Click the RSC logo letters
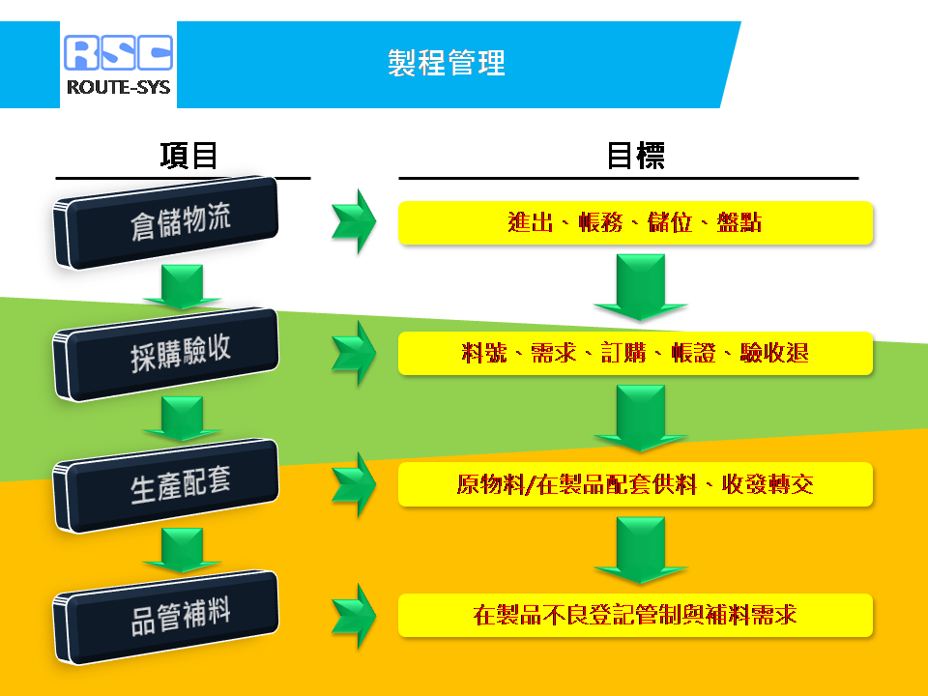tap(118, 52)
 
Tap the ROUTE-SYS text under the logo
tap(118, 87)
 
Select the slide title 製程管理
tap(447, 63)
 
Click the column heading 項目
tap(188, 156)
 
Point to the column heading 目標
tap(636, 156)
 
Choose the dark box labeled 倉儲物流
tap(165, 222)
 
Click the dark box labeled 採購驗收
tap(165, 355)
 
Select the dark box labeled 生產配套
tap(165, 486)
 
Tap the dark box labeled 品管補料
tap(165, 618)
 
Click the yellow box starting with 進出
tap(636, 223)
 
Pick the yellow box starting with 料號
tap(636, 354)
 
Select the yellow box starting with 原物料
tap(636, 484)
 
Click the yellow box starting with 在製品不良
tap(636, 616)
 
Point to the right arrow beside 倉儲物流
tap(354, 222)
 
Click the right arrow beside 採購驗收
tap(354, 354)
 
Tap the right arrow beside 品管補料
tap(354, 616)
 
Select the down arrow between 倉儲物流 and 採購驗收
tap(183, 287)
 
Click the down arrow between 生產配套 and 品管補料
tap(183, 550)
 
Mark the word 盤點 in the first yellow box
tap(739, 222)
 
